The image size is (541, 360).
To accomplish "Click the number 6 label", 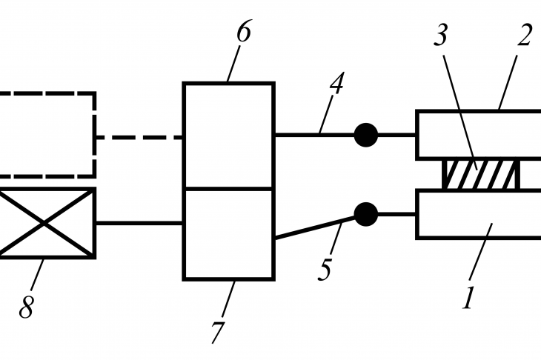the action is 244,31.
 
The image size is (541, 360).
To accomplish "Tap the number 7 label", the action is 218,332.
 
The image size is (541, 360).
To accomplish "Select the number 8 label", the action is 27,307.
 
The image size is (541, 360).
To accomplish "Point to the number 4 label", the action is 336,83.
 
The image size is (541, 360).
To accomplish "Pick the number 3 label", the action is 441,35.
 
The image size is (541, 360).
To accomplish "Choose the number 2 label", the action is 525,35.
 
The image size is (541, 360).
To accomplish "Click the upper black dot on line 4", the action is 366,135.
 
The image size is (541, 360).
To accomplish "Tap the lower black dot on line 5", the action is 366,214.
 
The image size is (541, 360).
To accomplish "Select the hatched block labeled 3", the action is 481,174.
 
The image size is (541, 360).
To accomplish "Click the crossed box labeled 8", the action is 46,223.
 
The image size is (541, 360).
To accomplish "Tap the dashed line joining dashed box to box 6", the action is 139,137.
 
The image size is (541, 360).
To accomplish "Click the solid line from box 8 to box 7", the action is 139,223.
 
